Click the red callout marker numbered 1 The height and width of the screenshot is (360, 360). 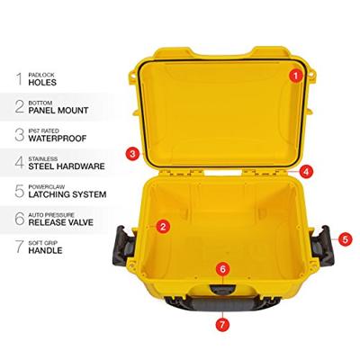click(294, 76)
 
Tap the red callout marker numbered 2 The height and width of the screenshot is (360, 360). click(163, 227)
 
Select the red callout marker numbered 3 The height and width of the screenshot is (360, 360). click(132, 154)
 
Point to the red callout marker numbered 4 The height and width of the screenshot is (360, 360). click(306, 170)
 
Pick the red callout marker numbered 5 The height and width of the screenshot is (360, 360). click(346, 239)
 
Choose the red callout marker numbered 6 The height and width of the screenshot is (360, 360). click(222, 269)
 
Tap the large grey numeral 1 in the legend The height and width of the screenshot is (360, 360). click(17, 79)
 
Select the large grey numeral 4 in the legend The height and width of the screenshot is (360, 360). click(17, 163)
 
